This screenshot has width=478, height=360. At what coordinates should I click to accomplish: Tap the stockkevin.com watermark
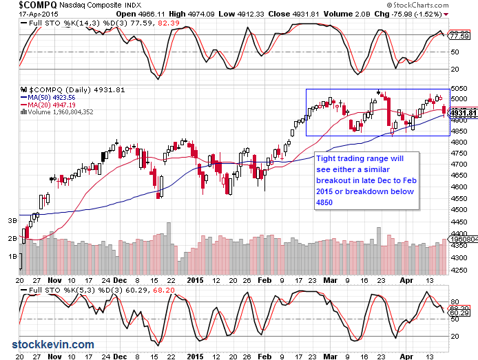pos(53,344)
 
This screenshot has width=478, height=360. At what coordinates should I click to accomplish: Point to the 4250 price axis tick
pos(458,270)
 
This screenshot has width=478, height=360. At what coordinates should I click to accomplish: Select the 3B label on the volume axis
pos(12,221)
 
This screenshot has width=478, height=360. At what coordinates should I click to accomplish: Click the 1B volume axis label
pos(12,256)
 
